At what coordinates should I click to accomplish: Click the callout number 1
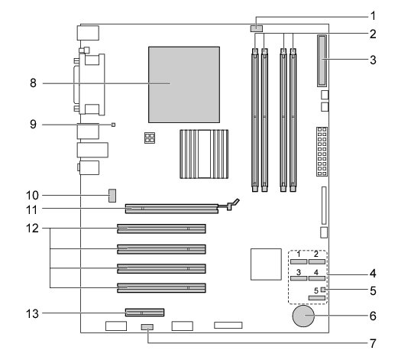point(374,16)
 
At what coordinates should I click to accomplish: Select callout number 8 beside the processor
point(33,83)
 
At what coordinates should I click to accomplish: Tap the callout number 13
point(32,313)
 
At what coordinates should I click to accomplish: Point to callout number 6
point(373,316)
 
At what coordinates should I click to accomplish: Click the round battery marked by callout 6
point(303,316)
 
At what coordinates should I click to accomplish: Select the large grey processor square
point(184,85)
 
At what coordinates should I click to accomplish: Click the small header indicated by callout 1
point(257,28)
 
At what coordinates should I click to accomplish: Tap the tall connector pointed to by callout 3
point(322,61)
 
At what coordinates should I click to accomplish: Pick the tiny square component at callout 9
point(114,125)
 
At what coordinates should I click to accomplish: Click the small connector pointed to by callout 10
point(112,196)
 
